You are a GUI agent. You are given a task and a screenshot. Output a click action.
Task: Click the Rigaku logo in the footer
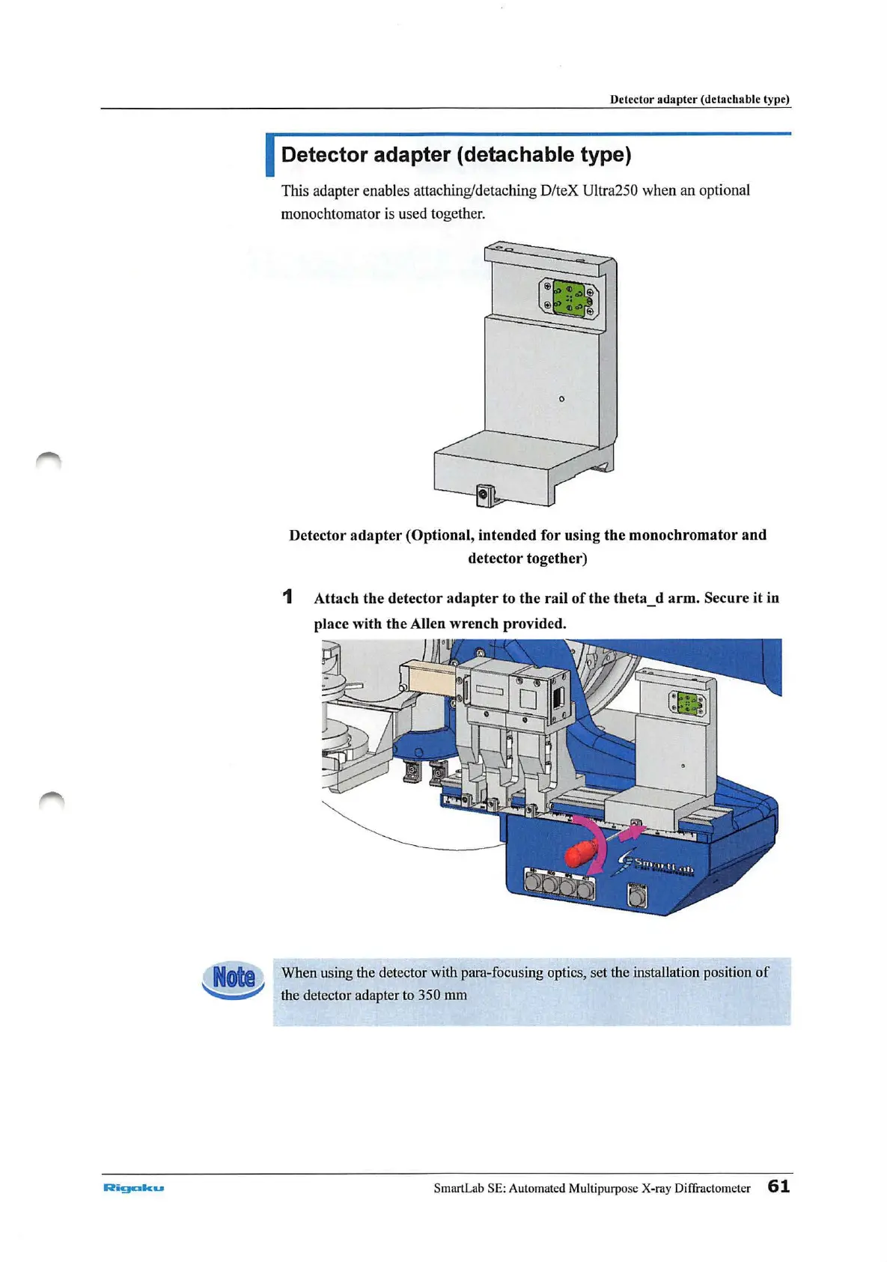click(133, 1187)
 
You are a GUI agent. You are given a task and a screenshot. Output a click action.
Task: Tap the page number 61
click(778, 1186)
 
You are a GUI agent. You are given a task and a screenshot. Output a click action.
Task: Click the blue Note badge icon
click(234, 978)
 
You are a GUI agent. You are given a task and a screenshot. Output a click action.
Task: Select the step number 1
click(287, 597)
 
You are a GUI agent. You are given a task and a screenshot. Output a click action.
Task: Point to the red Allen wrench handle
click(582, 852)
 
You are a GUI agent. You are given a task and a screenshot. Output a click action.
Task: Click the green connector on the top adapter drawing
click(569, 296)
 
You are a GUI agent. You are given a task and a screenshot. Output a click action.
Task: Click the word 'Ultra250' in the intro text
click(610, 190)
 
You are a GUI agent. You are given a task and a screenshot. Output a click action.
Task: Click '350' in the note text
click(429, 996)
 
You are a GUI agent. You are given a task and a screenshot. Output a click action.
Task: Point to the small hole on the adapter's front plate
click(561, 399)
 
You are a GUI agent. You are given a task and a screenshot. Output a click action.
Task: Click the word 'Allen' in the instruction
click(427, 624)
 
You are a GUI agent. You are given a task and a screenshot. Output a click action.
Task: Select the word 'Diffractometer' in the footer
click(712, 1188)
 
